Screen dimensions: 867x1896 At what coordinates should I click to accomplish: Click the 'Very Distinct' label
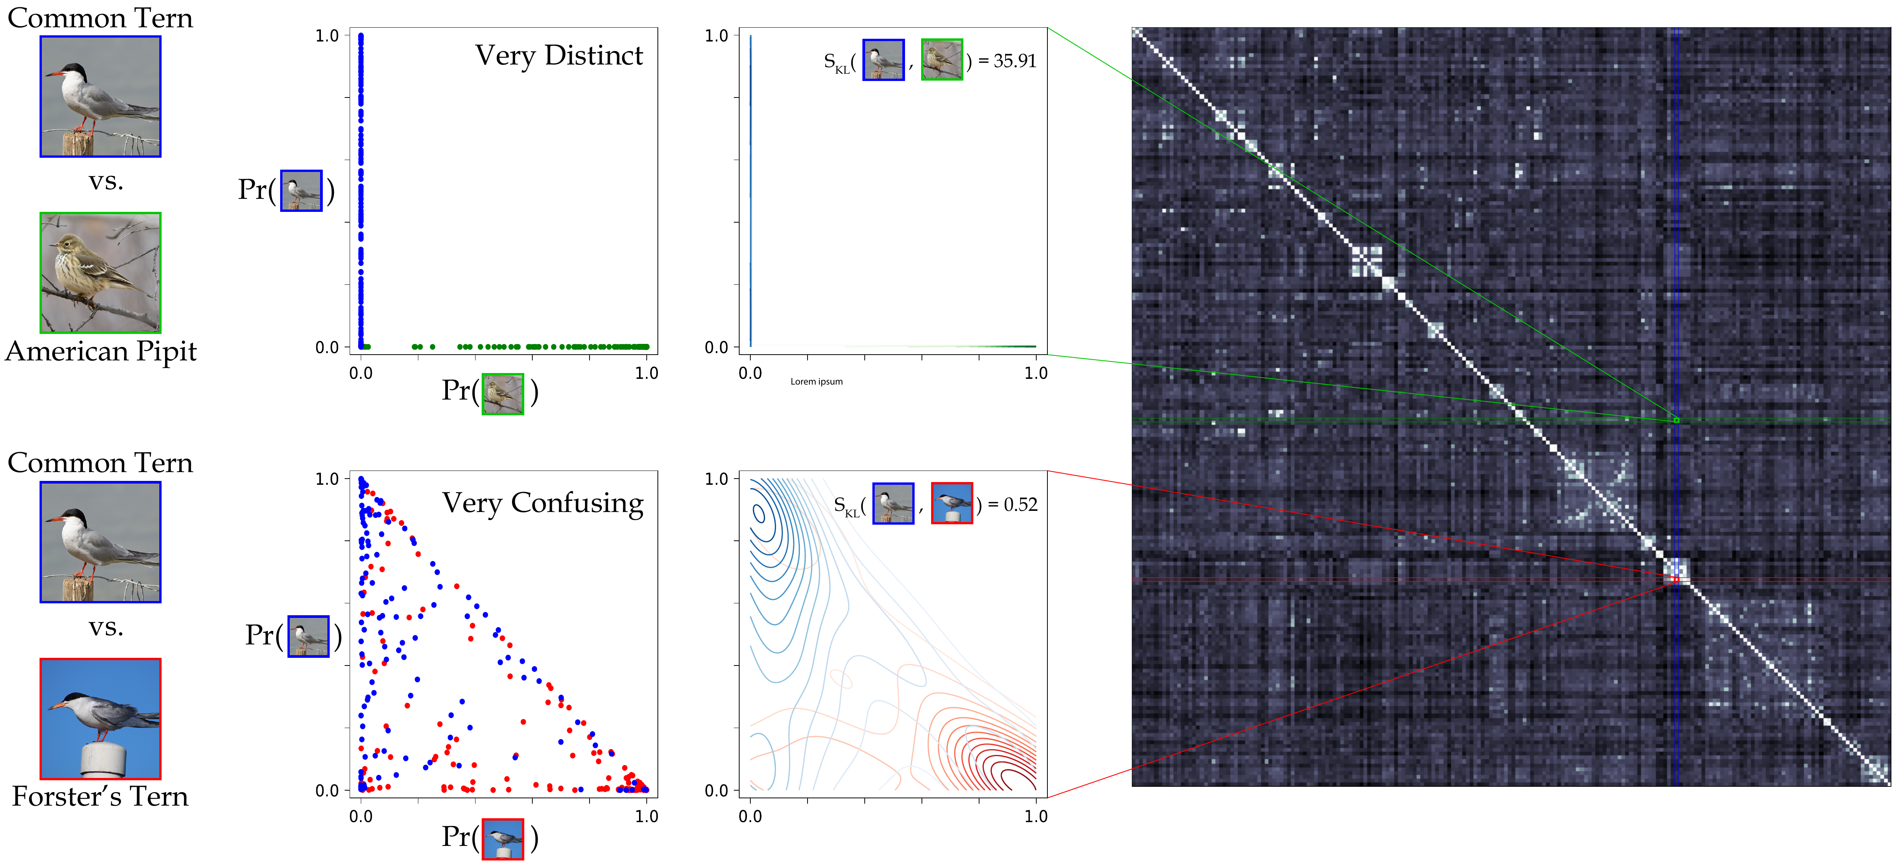[x=559, y=56]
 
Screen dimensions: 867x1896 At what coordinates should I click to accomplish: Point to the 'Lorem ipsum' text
[x=816, y=381]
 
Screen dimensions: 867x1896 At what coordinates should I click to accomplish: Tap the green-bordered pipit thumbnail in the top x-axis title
[x=503, y=394]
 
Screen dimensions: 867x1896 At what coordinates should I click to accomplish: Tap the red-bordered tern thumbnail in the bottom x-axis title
[x=503, y=838]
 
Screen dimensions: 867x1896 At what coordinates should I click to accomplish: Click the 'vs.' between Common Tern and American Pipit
[x=106, y=181]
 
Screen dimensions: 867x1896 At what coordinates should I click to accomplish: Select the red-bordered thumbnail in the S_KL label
[x=952, y=504]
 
